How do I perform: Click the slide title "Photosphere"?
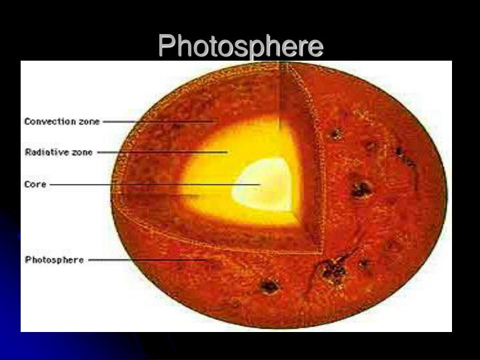(x=240, y=47)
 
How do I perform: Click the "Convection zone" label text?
(x=62, y=122)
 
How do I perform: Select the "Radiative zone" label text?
(x=58, y=152)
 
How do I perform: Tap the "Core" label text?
(x=35, y=184)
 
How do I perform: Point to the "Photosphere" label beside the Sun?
(x=54, y=260)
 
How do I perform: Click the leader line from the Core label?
(x=153, y=184)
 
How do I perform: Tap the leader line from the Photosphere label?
(x=147, y=260)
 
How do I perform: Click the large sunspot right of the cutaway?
(x=361, y=189)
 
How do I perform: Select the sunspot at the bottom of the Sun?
(x=269, y=287)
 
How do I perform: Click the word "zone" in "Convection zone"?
(x=89, y=122)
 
